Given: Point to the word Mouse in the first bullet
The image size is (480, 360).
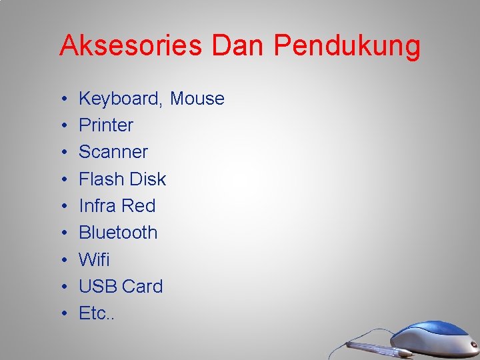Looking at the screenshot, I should [x=197, y=99].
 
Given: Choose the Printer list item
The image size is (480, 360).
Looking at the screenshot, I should [x=106, y=125].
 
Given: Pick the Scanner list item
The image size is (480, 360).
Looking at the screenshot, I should [x=113, y=152].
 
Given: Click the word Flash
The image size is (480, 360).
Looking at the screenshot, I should [x=101, y=179].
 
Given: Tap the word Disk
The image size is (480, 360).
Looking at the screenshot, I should [x=148, y=179].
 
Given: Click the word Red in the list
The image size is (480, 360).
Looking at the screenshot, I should [x=139, y=205].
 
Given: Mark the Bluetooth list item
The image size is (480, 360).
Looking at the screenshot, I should [x=118, y=233].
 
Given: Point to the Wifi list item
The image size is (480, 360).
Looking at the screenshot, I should [x=94, y=259].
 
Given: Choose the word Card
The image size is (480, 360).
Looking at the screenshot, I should [x=142, y=286].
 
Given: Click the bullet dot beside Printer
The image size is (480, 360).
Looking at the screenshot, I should [x=61, y=126].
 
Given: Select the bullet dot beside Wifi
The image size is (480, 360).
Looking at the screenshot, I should [x=61, y=260].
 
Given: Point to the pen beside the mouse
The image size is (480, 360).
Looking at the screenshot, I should [x=370, y=347].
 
